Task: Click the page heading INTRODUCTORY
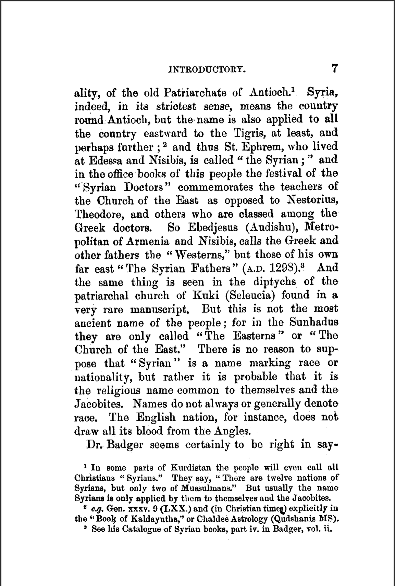coord(207,70)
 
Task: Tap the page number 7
coord(334,68)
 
